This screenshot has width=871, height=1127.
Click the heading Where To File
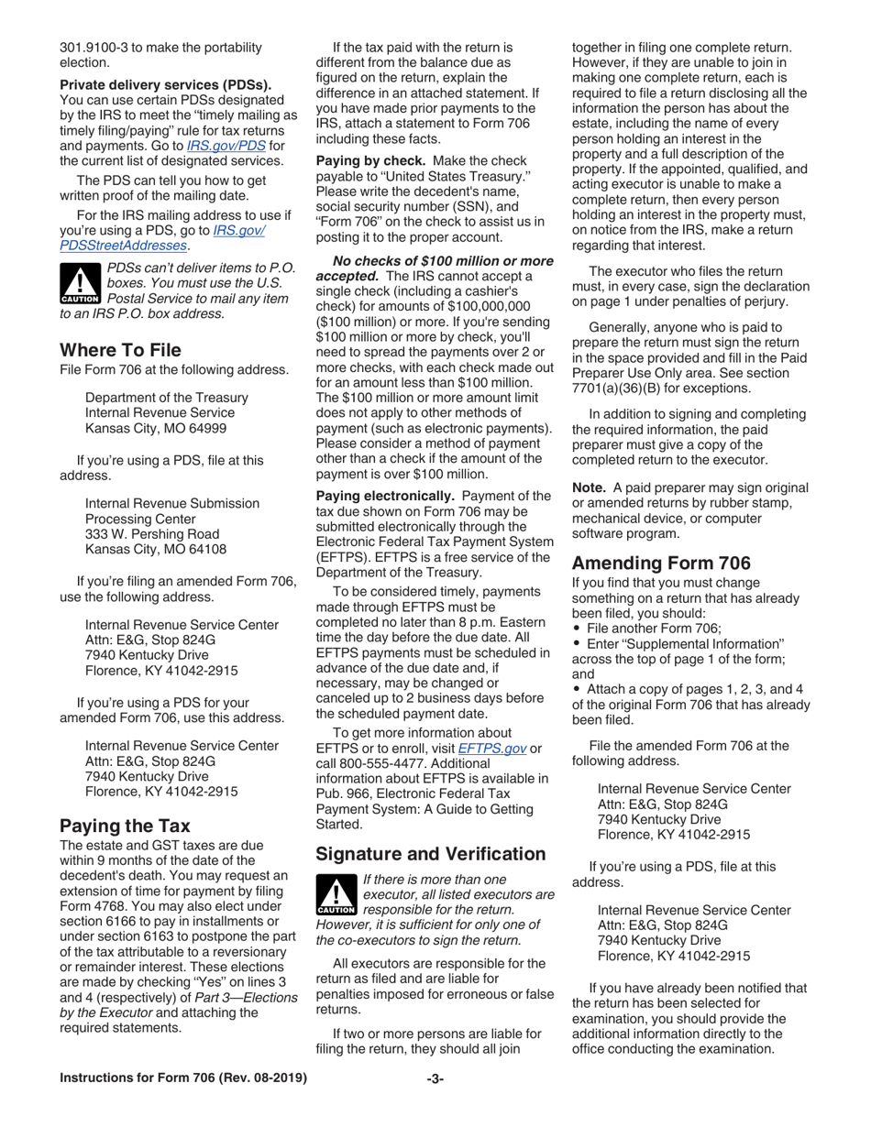point(120,350)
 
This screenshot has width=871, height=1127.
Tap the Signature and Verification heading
point(430,854)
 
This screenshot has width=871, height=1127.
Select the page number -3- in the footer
point(435,1078)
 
